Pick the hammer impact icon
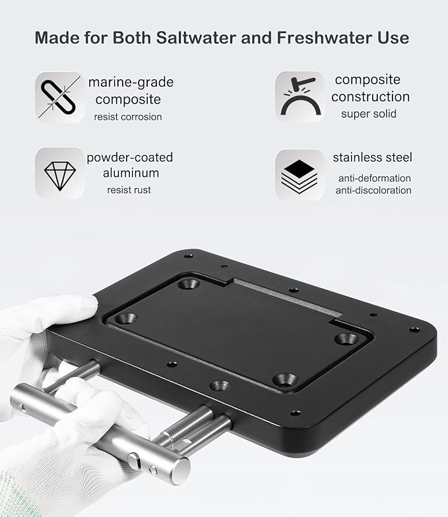tap(300, 96)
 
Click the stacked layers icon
tap(300, 174)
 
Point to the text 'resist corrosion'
tap(128, 117)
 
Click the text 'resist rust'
tap(129, 190)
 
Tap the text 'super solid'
tap(369, 114)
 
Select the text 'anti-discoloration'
tap(374, 190)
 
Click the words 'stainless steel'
tap(372, 157)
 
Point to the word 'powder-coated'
tap(129, 157)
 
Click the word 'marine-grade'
tap(131, 83)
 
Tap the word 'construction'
tap(370, 96)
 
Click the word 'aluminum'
tap(130, 173)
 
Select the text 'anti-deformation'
tap(374, 178)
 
